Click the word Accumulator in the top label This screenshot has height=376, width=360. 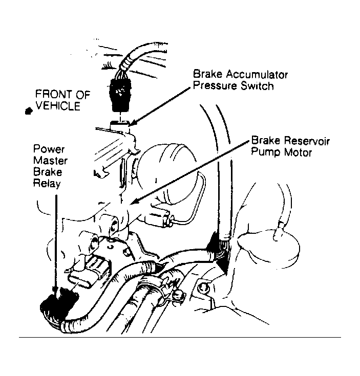coord(257,74)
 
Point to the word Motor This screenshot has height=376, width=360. coord(298,152)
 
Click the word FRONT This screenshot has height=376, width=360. coord(54,94)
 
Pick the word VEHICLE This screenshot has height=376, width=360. coord(58,106)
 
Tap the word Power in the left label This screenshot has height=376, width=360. coord(49,149)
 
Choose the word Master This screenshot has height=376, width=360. coord(50,161)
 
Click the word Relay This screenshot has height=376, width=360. coord(47,184)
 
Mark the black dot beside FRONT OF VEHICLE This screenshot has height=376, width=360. coord(29,111)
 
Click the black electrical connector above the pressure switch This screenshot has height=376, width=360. coord(120,95)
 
